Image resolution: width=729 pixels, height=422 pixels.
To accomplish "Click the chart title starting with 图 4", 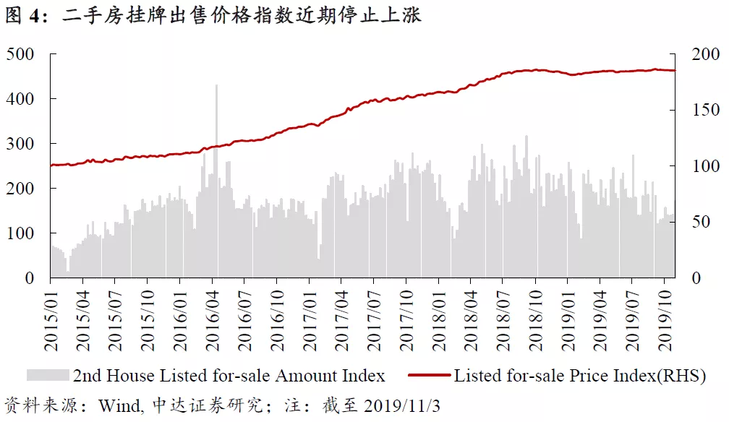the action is [213, 14].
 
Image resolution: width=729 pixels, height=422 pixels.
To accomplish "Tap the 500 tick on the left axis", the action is [20, 54].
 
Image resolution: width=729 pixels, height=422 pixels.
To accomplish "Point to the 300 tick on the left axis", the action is [20, 144].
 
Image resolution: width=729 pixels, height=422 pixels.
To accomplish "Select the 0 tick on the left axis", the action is [29, 278].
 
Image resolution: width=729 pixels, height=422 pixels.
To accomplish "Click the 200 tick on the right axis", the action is [706, 54].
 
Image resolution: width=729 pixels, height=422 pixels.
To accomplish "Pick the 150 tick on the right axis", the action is [706, 110].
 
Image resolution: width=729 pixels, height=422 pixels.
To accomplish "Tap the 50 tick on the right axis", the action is [701, 222].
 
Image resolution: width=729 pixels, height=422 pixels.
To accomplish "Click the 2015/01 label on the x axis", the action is [51, 321].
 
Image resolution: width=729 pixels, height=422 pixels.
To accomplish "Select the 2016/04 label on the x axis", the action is [213, 321].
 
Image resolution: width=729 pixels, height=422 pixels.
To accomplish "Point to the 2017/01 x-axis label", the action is [310, 321].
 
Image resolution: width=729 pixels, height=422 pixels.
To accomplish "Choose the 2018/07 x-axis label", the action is [503, 321].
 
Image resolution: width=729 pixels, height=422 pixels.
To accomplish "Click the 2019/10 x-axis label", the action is [665, 321].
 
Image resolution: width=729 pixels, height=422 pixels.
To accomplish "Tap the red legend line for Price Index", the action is [429, 375].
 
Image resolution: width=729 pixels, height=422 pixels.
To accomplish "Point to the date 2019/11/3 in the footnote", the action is [401, 405].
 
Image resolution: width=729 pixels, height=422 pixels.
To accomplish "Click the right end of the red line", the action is [675, 71].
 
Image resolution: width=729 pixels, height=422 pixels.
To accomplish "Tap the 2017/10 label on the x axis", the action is [406, 321].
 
